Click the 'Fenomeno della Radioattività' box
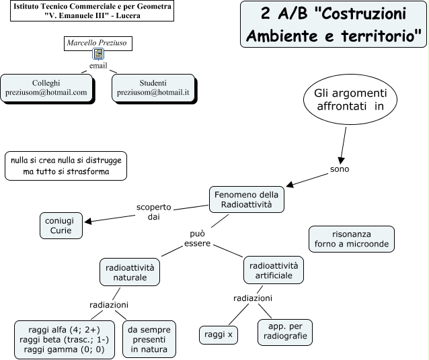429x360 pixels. [x=246, y=199]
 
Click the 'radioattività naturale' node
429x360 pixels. [x=130, y=271]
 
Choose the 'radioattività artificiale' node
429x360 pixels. [x=274, y=271]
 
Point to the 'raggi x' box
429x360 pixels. [x=219, y=334]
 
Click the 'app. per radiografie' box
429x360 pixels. [x=284, y=332]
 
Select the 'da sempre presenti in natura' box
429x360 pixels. [x=149, y=339]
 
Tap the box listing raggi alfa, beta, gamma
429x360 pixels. [x=65, y=339]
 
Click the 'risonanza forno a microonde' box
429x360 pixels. [x=350, y=238]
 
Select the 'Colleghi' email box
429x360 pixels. [x=46, y=88]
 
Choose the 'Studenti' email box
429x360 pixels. [x=153, y=88]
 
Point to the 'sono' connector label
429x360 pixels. [x=340, y=169]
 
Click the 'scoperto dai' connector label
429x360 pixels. [x=154, y=212]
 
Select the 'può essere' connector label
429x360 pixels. [x=198, y=238]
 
